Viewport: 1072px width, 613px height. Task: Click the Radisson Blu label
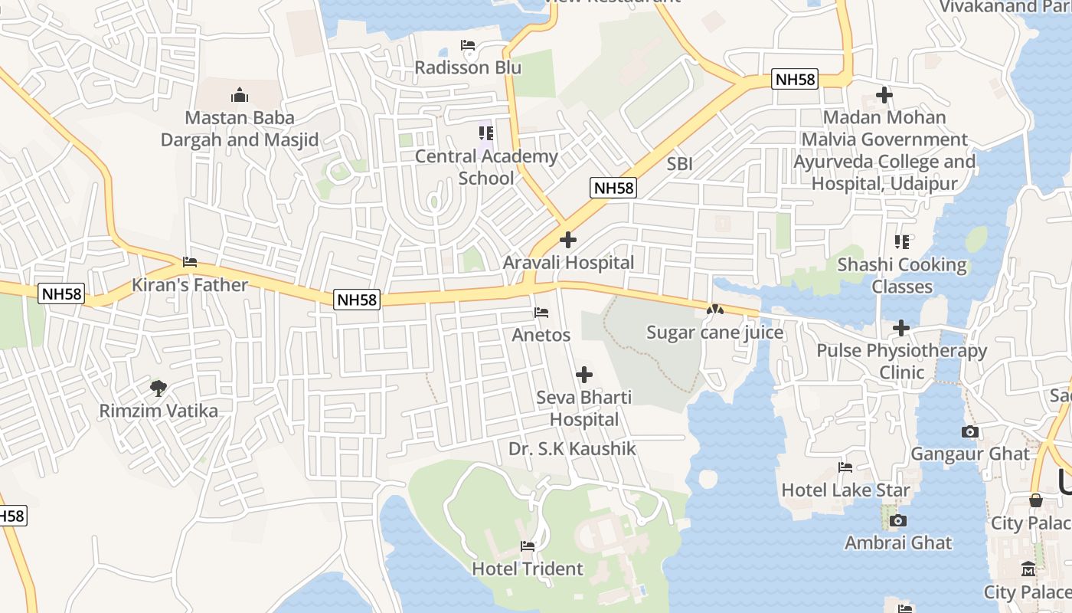pyautogui.click(x=468, y=67)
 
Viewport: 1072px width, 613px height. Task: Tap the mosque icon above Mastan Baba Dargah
pyautogui.click(x=240, y=96)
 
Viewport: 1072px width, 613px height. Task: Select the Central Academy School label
pyautogui.click(x=486, y=167)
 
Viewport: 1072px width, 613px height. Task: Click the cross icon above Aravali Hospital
pyautogui.click(x=568, y=241)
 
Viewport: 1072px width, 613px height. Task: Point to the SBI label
pyautogui.click(x=679, y=163)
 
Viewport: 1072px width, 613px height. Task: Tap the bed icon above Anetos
pyautogui.click(x=541, y=313)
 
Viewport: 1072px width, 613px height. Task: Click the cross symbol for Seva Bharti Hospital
pyautogui.click(x=584, y=375)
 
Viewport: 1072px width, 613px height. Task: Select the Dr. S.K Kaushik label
pyautogui.click(x=572, y=449)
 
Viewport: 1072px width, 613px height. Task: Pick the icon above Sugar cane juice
pyautogui.click(x=714, y=310)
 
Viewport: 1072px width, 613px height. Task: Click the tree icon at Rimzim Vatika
pyautogui.click(x=159, y=388)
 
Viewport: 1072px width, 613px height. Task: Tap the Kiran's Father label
pyautogui.click(x=190, y=285)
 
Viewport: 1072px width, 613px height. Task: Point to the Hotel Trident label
pyautogui.click(x=528, y=569)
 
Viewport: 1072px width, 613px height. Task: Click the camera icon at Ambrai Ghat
pyautogui.click(x=898, y=521)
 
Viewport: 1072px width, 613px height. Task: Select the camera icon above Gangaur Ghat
pyautogui.click(x=970, y=432)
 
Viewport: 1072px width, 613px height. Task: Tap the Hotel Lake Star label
pyautogui.click(x=845, y=490)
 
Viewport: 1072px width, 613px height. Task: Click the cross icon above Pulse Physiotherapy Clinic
pyautogui.click(x=901, y=329)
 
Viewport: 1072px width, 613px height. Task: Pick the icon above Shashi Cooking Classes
pyautogui.click(x=902, y=242)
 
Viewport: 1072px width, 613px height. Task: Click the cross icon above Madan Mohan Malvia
pyautogui.click(x=884, y=96)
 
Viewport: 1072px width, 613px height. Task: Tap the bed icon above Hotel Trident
pyautogui.click(x=528, y=546)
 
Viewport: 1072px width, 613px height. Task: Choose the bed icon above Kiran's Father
pyautogui.click(x=190, y=262)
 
